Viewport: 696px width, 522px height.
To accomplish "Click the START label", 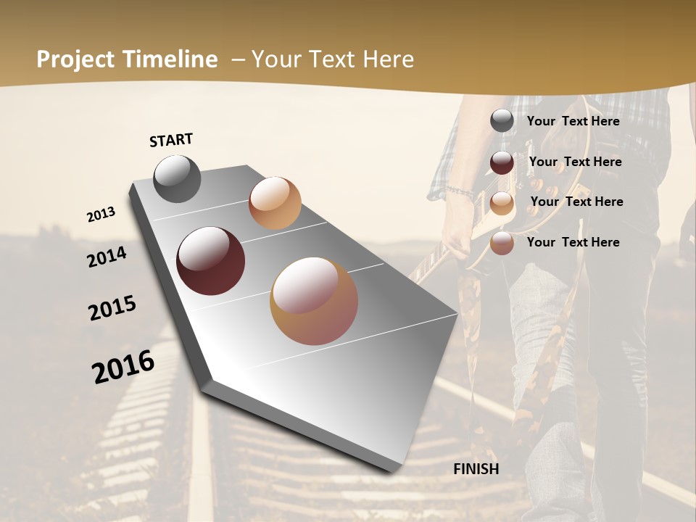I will pos(171,140).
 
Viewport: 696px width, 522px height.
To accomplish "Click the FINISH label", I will pos(476,469).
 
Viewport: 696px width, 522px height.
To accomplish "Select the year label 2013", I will pos(101,215).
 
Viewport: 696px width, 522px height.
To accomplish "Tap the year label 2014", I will pos(107,257).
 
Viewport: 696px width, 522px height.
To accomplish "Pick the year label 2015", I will pos(112,308).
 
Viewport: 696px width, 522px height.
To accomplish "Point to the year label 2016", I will pos(123,366).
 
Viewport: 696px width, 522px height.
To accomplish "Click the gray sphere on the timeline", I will pos(177,178).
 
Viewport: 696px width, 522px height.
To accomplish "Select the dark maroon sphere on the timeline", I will pos(210,261).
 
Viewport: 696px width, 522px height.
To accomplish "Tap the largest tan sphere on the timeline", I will pos(313,300).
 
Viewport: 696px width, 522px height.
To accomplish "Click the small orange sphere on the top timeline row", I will pos(275,202).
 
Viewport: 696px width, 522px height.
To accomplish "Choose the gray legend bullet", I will pos(502,121).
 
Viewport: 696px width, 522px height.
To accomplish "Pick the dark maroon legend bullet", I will pos(502,162).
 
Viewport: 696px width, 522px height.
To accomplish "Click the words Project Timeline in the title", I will pos(127,59).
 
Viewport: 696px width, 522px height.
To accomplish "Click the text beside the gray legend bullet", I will pos(573,121).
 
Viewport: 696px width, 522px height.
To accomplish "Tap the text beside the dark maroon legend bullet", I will pos(575,162).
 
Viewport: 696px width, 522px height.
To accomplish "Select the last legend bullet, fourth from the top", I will pos(502,244).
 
